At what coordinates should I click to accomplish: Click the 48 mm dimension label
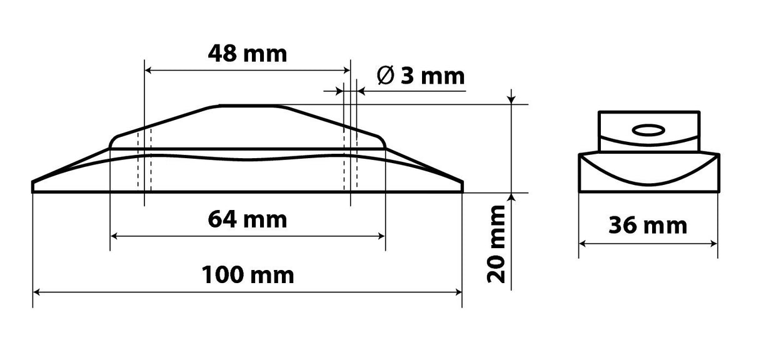pos(247,54)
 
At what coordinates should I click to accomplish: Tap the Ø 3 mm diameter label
pos(421,76)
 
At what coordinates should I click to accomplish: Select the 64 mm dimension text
pos(247,219)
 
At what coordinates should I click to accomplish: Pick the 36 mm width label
pos(647,225)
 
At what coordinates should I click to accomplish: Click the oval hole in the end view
pos(648,130)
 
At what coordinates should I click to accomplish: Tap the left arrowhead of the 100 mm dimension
pos(36,291)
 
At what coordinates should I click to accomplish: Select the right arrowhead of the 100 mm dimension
pos(458,291)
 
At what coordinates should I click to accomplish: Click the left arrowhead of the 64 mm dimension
pos(114,236)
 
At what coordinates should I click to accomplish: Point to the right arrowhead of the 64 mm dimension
pos(381,236)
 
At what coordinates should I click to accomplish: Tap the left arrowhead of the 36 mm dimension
pos(582,244)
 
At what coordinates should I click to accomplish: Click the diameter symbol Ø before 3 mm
pos(386,76)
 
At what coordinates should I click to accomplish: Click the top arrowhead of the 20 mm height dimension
pos(512,100)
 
